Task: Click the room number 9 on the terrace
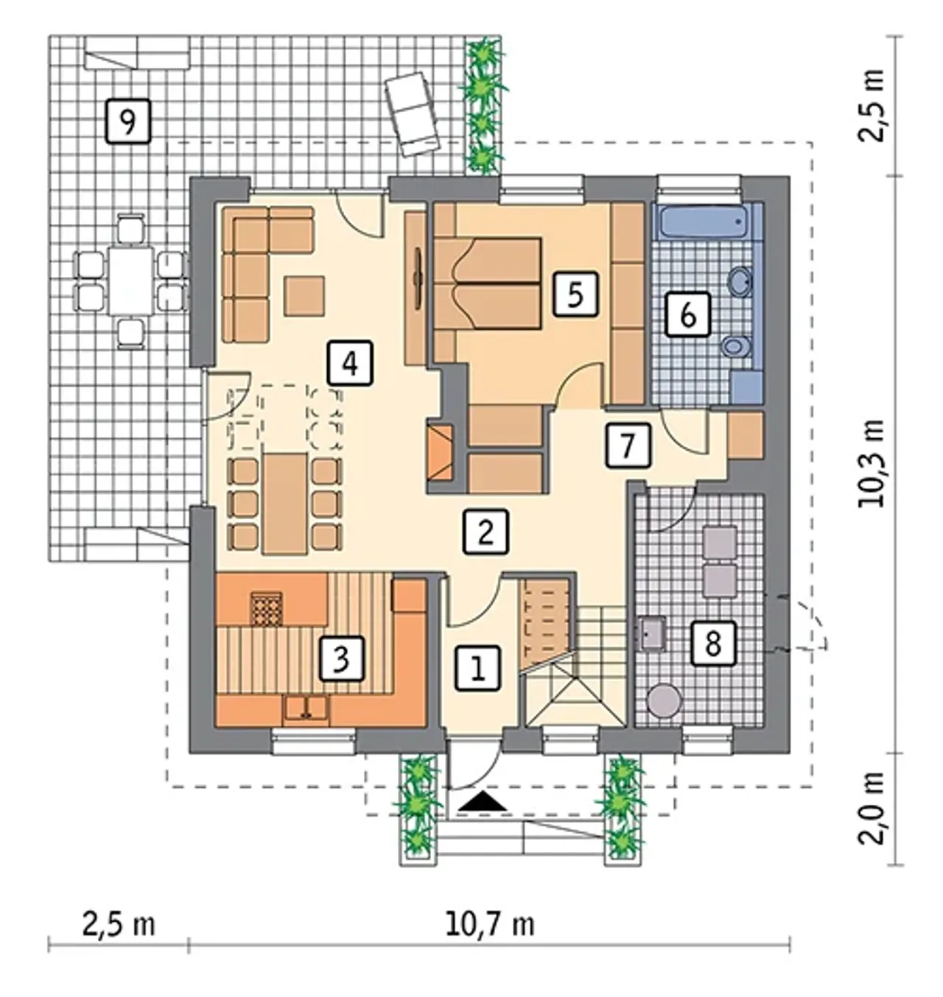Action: pyautogui.click(x=128, y=121)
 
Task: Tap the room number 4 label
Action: pyautogui.click(x=350, y=363)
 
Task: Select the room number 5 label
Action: pyautogui.click(x=575, y=295)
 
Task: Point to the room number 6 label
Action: pyautogui.click(x=687, y=314)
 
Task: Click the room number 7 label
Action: pyautogui.click(x=628, y=445)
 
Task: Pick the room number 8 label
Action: pyautogui.click(x=713, y=644)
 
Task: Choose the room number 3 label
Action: pyautogui.click(x=342, y=658)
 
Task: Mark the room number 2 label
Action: pyautogui.click(x=485, y=531)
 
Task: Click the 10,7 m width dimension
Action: pyautogui.click(x=490, y=925)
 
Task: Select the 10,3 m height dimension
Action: pyautogui.click(x=872, y=463)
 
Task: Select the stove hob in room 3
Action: pyautogui.click(x=266, y=608)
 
